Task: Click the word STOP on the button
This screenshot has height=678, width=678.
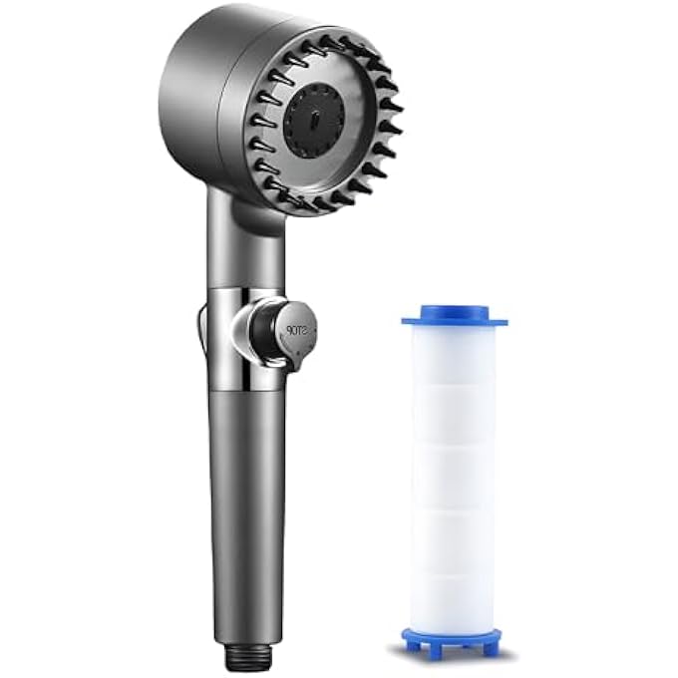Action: [296, 326]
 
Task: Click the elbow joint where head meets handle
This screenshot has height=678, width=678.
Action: [244, 214]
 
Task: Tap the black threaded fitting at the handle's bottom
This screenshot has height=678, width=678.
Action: [247, 654]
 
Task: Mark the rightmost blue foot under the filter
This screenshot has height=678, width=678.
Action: [492, 645]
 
